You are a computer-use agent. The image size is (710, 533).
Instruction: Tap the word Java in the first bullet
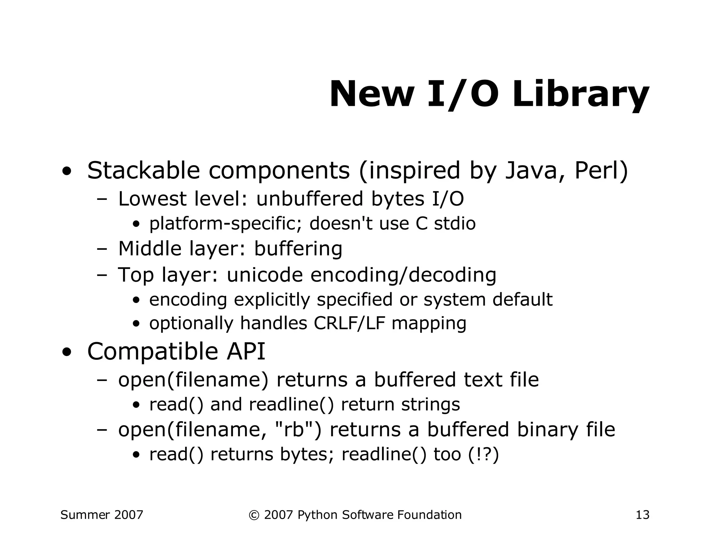pyautogui.click(x=531, y=170)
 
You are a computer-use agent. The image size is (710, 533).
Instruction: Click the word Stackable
pyautogui.click(x=144, y=170)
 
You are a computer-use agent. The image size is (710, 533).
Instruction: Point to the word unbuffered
pyautogui.click(x=310, y=199)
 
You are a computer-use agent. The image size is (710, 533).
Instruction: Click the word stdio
pyautogui.click(x=454, y=223)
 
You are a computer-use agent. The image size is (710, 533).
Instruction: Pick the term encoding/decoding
pyautogui.click(x=403, y=274)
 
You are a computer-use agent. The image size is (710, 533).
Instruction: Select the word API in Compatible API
pyautogui.click(x=246, y=351)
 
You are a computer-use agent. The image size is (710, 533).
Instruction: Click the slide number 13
pyautogui.click(x=642, y=515)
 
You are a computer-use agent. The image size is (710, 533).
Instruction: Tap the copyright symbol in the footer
pyautogui.click(x=254, y=515)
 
